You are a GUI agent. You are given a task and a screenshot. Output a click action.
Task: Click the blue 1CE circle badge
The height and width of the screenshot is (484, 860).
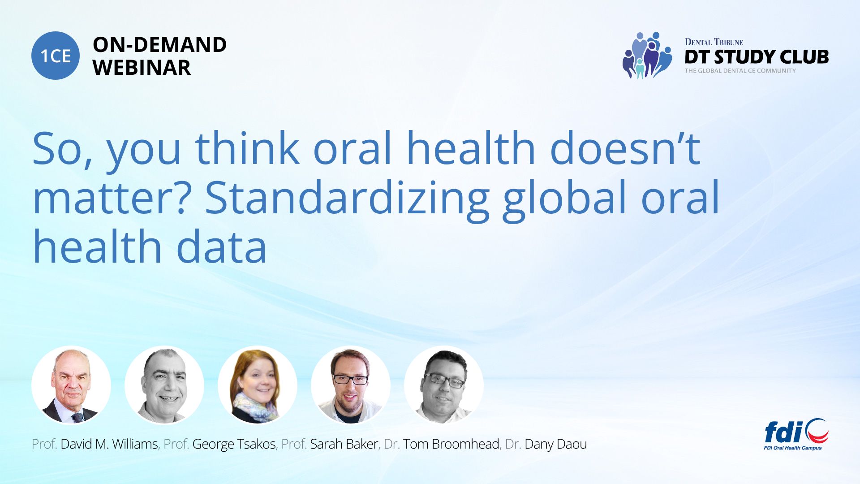tap(56, 56)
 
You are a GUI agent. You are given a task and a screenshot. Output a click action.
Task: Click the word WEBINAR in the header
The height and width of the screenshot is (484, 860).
tap(142, 68)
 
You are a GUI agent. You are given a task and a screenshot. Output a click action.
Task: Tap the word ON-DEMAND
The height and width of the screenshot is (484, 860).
tap(159, 45)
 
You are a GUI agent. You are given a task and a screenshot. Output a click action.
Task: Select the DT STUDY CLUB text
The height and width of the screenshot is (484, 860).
tap(757, 57)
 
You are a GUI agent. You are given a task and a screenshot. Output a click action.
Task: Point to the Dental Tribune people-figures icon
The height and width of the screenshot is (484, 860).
tap(647, 55)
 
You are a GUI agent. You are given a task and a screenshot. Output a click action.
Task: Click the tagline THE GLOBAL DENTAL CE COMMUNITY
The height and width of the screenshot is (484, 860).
tap(740, 71)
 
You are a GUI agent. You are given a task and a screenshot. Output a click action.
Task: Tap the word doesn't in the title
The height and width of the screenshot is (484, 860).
tap(625, 148)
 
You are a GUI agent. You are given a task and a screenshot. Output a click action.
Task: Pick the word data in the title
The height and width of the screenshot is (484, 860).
tap(222, 247)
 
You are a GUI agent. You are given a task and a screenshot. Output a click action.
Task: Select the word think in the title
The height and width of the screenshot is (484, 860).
tap(247, 148)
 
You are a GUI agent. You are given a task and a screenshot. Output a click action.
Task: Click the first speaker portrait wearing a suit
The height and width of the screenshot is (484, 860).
tap(71, 385)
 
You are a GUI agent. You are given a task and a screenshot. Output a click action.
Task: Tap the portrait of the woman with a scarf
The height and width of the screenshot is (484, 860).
tap(258, 385)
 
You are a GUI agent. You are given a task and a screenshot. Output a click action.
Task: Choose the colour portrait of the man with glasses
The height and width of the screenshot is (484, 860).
tap(351, 385)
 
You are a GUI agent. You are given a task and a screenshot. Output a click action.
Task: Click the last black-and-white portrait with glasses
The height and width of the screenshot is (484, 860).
tap(444, 385)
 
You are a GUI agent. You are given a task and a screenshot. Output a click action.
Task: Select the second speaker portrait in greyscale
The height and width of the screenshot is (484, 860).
tap(164, 385)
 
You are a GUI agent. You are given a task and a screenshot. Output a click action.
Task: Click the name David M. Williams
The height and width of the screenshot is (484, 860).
tap(109, 444)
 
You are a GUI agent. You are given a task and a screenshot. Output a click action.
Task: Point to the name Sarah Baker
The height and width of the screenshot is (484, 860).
tap(344, 444)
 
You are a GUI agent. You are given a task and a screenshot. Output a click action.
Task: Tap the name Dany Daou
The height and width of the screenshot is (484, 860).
tap(555, 444)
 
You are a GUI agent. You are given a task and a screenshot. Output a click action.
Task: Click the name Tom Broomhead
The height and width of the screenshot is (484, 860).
tap(451, 444)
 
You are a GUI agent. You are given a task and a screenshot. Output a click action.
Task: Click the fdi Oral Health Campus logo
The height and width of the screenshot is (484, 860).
tap(796, 434)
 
